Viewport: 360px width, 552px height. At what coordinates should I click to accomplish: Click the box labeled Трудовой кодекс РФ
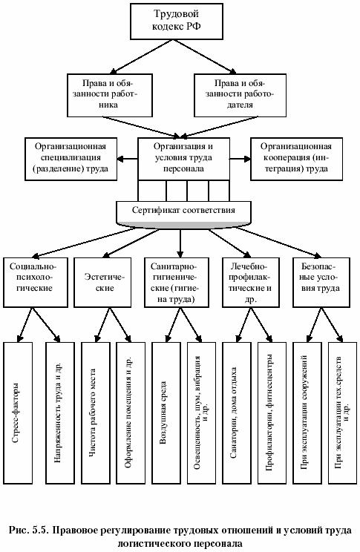tap(177, 21)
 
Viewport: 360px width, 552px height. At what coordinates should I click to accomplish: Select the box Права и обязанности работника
tap(110, 95)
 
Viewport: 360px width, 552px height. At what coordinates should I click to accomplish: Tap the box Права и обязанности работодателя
tap(240, 95)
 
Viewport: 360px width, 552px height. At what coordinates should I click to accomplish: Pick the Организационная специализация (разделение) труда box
tap(71, 159)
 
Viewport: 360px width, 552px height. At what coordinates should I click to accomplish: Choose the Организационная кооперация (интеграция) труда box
tap(296, 159)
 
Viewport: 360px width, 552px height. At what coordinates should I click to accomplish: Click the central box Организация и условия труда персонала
tap(183, 159)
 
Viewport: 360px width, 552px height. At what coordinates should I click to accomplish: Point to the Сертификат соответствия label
tap(183, 210)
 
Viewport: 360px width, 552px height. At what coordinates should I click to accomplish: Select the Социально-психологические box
tap(36, 283)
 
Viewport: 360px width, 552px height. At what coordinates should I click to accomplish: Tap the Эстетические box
tap(102, 283)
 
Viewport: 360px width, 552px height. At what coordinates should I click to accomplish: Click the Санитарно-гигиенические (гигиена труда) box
tap(177, 283)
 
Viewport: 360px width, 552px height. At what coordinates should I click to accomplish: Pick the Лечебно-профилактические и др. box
tap(251, 283)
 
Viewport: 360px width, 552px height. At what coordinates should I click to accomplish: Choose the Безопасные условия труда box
tap(321, 283)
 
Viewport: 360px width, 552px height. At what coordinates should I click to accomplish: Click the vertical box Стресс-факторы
tap(18, 413)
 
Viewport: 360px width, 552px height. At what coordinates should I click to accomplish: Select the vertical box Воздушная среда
tap(166, 413)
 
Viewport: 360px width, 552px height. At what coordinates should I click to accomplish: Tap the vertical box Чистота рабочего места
tap(96, 413)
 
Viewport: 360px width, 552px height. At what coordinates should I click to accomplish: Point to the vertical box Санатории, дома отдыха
tap(236, 413)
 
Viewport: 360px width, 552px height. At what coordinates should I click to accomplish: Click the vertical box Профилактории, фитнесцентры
tap(272, 413)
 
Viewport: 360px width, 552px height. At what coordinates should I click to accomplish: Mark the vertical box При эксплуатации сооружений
tap(307, 413)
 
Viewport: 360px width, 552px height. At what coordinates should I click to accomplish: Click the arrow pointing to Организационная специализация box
tap(127, 159)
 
